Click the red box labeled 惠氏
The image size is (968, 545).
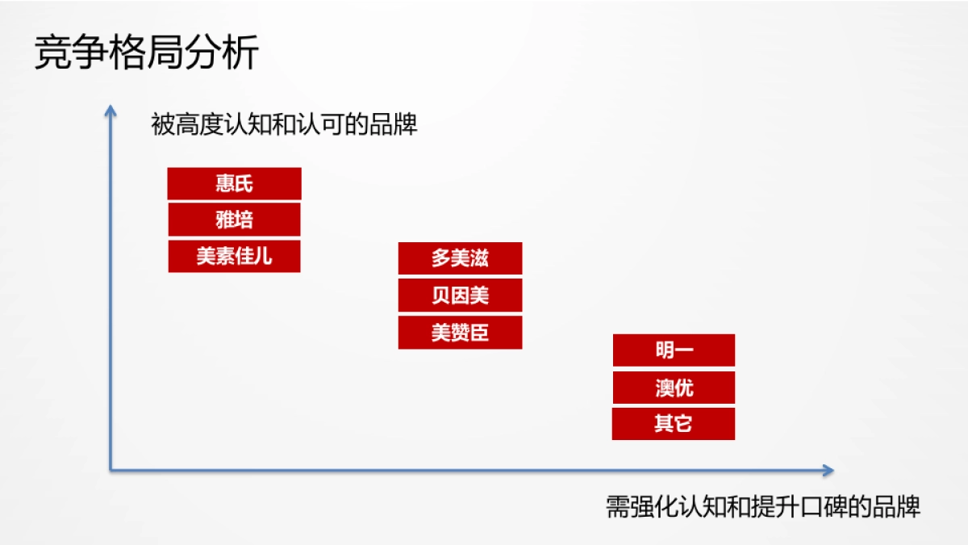click(x=234, y=183)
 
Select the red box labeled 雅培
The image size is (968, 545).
click(x=234, y=220)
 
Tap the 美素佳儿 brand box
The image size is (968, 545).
click(x=234, y=256)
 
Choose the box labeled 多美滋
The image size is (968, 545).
click(x=460, y=258)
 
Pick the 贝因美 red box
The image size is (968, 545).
click(x=460, y=296)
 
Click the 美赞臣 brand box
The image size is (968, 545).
click(x=460, y=333)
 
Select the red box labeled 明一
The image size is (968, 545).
click(x=674, y=350)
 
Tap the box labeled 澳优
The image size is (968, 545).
click(x=674, y=388)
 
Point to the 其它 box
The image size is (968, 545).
click(x=674, y=424)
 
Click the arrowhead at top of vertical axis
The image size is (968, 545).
click(x=111, y=109)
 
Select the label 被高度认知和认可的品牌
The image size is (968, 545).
click(x=284, y=124)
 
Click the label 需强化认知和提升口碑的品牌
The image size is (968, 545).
click(x=762, y=506)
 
